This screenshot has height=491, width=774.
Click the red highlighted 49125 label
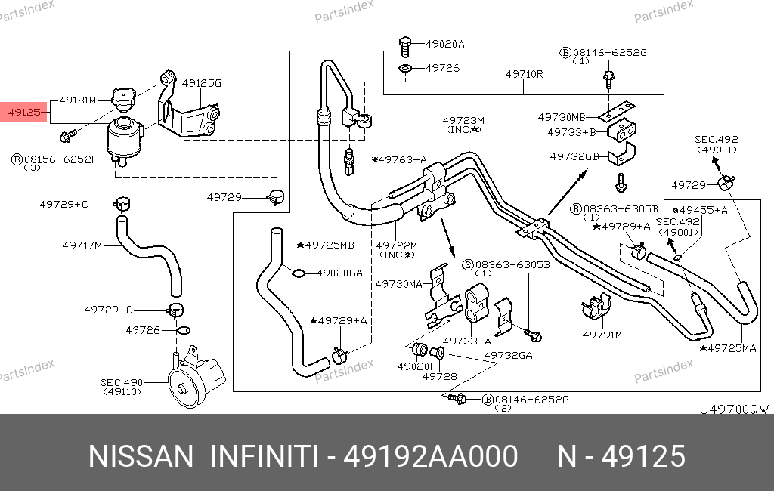coord(24,113)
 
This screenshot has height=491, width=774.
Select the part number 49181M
coord(78,100)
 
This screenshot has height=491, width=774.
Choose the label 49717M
coord(82,245)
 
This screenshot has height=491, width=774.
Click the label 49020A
coord(445,44)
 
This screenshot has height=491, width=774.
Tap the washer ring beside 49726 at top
coord(406,69)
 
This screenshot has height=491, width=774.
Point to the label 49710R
coord(525,74)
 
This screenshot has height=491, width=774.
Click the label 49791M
coord(602,334)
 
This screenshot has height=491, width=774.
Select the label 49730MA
coord(398,284)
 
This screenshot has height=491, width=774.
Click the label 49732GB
coord(574,156)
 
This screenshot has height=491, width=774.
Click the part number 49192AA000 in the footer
coord(431,456)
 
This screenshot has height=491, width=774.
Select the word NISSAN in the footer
coord(141,456)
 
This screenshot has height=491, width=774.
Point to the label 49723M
coord(463,120)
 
